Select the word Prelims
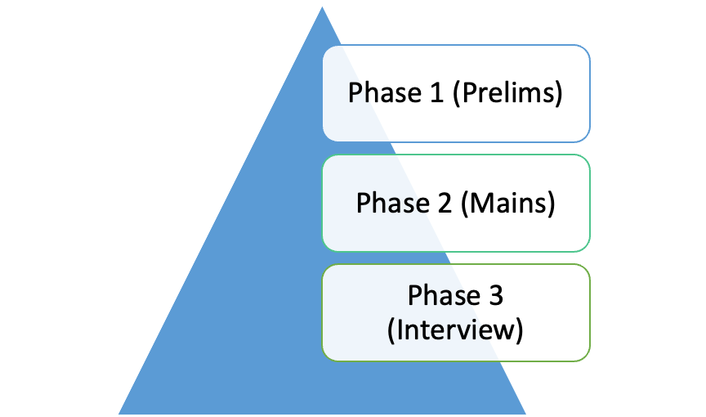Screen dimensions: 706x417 (507, 92)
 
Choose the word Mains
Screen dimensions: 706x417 (508, 203)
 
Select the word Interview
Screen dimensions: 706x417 (455, 330)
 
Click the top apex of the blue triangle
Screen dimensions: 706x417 (322, 7)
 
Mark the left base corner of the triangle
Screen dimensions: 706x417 (118, 414)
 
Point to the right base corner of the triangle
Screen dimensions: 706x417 (526, 414)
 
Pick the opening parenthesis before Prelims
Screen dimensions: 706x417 (457, 93)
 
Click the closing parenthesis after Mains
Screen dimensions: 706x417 (551, 204)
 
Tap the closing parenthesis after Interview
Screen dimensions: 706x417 (519, 330)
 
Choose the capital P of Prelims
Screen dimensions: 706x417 (469, 92)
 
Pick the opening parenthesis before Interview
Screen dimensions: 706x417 (391, 330)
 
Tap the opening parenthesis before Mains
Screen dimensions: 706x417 (465, 204)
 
